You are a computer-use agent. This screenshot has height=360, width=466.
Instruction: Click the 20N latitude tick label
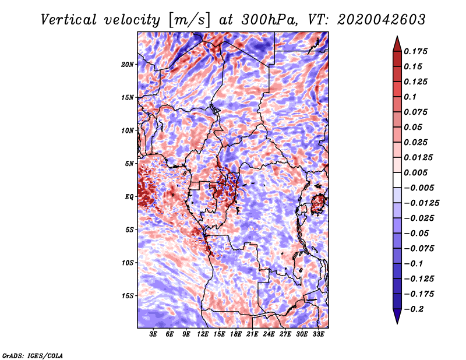(128, 64)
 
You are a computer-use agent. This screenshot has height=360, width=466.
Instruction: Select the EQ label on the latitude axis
(129, 196)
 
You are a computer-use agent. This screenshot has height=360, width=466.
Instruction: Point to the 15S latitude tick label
(128, 295)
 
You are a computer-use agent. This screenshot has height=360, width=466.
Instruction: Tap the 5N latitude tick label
(130, 163)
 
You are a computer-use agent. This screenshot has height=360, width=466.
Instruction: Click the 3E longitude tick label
(154, 335)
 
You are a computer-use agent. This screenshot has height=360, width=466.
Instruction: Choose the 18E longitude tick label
(236, 335)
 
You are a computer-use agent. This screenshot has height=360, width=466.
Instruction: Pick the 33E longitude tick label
(319, 335)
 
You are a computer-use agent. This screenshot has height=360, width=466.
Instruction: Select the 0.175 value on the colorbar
(417, 51)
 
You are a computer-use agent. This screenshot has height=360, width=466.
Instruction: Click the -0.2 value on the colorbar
(415, 309)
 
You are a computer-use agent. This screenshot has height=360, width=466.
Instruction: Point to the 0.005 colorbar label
(417, 173)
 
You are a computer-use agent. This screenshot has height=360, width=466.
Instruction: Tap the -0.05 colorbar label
(417, 234)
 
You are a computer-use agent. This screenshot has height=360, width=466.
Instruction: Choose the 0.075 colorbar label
(417, 112)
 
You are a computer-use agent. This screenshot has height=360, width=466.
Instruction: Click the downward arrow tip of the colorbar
(396, 322)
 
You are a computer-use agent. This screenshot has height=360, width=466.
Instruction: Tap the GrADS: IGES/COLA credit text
(33, 355)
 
